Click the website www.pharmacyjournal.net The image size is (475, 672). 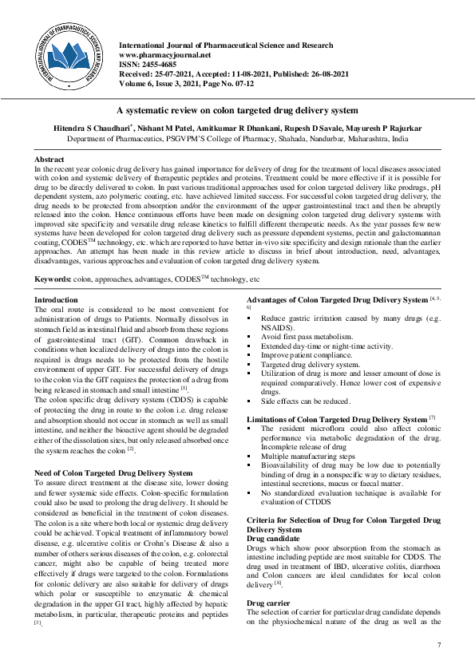point(164,55)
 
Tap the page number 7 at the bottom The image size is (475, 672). point(438,644)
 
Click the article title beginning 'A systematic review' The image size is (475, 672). point(237,110)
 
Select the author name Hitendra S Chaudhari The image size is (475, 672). point(76,128)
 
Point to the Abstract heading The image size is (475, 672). point(49,160)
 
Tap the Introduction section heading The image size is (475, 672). point(56,300)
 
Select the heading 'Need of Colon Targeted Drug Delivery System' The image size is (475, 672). point(113,472)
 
